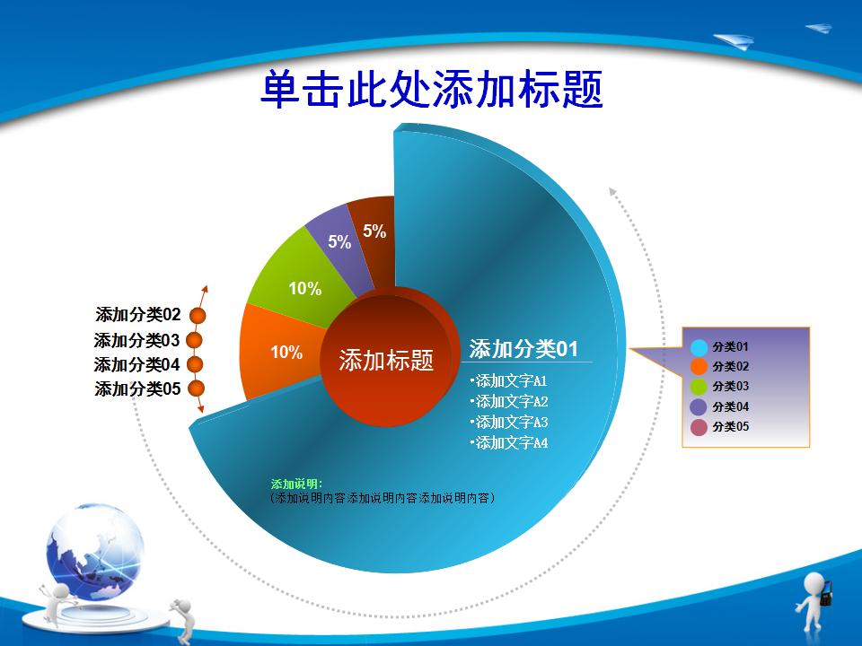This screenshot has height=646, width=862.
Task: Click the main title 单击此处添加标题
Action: click(432, 89)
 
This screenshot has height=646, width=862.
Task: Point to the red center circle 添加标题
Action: click(386, 360)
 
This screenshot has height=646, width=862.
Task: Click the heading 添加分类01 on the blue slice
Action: click(523, 349)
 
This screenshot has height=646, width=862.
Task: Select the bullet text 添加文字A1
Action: click(509, 380)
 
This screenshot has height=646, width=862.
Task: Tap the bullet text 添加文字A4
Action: click(509, 442)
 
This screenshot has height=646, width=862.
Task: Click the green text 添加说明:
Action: click(297, 484)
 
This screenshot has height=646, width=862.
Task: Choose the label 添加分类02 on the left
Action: click(138, 314)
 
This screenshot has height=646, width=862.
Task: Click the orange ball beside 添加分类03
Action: click(194, 341)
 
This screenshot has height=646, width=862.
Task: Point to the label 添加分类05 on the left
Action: click(137, 388)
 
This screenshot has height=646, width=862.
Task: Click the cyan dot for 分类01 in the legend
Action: click(699, 347)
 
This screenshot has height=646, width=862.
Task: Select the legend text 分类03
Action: click(731, 386)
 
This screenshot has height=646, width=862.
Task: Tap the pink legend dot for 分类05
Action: click(699, 427)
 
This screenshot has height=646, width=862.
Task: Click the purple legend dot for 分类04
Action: click(699, 407)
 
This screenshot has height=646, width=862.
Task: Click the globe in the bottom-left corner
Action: click(94, 551)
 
